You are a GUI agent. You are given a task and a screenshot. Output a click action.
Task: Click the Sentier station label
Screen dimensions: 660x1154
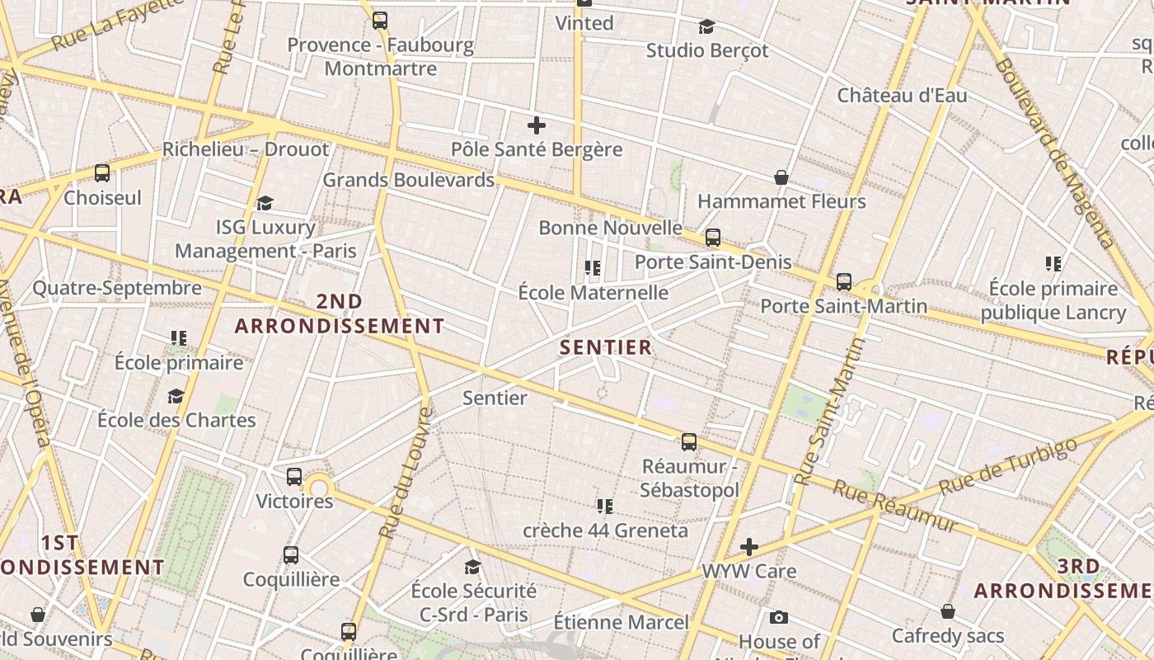click(495, 398)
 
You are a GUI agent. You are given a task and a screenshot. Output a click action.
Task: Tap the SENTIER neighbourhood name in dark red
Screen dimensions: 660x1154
click(606, 347)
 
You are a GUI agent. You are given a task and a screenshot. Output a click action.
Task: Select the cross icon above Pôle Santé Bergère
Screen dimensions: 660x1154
click(537, 125)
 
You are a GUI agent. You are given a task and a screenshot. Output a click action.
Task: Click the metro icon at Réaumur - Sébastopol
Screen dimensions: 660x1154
click(689, 441)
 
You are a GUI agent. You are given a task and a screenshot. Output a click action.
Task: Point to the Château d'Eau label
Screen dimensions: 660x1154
click(902, 95)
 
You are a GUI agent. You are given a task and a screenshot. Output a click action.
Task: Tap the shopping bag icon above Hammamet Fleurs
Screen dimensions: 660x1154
click(781, 177)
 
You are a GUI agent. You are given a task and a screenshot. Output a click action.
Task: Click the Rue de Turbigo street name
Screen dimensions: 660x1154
click(1007, 466)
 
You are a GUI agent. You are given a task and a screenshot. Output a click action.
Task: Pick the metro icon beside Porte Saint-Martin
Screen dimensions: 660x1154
click(843, 281)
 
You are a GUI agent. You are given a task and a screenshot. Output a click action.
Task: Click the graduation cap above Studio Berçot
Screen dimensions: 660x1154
click(706, 27)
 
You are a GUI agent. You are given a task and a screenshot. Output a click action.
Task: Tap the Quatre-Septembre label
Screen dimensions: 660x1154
click(116, 288)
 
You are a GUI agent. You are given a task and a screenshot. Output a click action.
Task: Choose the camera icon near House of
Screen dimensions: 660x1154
click(778, 617)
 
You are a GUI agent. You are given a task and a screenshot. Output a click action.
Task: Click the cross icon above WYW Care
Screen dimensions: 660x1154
click(748, 547)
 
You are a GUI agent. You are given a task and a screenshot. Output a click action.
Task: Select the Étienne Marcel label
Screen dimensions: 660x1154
click(621, 621)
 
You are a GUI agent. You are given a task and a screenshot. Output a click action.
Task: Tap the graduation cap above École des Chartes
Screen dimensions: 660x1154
click(176, 397)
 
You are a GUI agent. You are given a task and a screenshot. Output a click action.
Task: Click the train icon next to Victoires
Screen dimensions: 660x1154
click(294, 477)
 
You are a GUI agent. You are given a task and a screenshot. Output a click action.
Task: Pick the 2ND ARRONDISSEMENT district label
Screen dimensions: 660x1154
click(340, 313)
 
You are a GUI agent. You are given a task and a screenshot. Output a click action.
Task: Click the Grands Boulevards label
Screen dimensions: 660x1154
click(408, 179)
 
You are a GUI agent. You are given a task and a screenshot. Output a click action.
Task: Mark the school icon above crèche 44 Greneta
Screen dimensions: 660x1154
click(605, 506)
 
